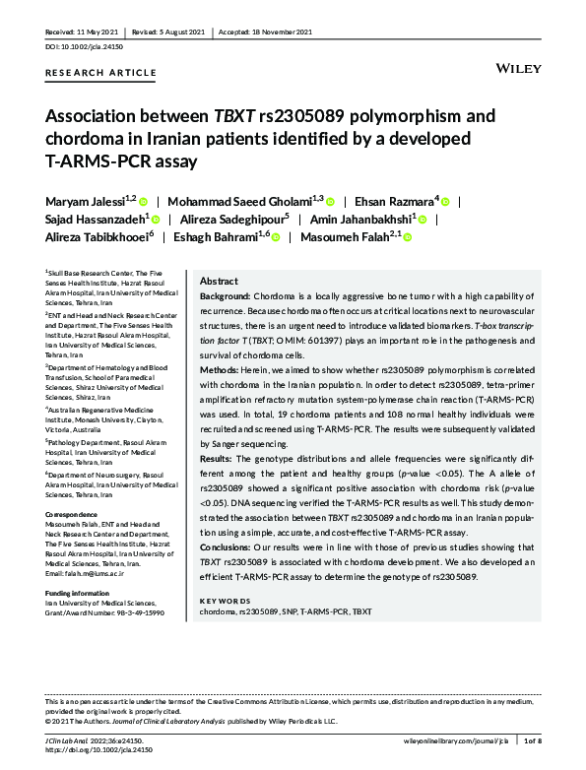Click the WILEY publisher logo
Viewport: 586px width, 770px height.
[x=517, y=70]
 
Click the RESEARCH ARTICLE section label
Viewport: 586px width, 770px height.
[x=100, y=73]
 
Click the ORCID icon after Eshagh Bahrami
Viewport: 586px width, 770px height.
[x=276, y=237]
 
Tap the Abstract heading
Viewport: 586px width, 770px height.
[x=219, y=281]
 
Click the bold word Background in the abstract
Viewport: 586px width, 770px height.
[x=226, y=296]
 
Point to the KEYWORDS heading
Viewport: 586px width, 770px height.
[x=225, y=600]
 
